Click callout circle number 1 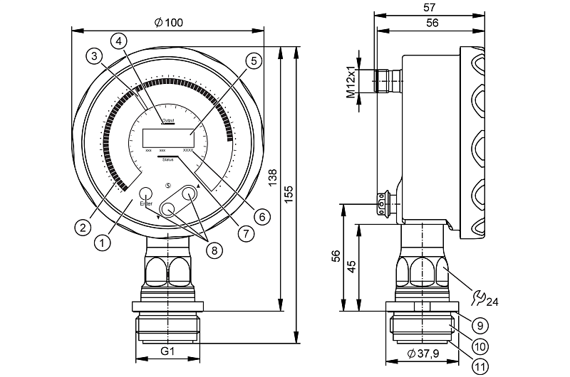(x=103, y=243)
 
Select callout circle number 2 (x=83, y=228)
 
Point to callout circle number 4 (x=120, y=41)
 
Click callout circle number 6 (x=261, y=215)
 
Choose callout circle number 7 (x=246, y=233)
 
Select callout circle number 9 (x=480, y=326)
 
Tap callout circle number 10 (x=480, y=346)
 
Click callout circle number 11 (x=480, y=366)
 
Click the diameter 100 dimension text (x=168, y=23)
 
